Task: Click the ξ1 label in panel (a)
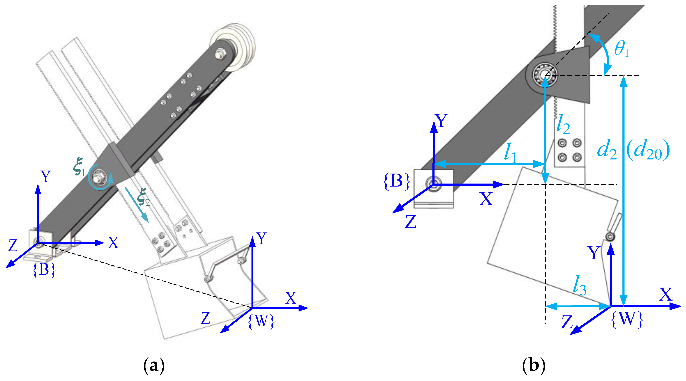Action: point(79,167)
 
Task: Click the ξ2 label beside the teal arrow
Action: point(143,197)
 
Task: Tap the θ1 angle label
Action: point(622,50)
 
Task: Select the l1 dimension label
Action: point(510,152)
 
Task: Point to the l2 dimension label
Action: point(563,124)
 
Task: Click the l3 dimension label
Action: point(580,285)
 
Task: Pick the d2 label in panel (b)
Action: point(607,150)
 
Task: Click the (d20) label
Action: point(648,151)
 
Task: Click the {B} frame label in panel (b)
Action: point(396,181)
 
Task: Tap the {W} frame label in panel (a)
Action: point(261,321)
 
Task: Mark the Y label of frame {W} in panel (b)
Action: point(594,253)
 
